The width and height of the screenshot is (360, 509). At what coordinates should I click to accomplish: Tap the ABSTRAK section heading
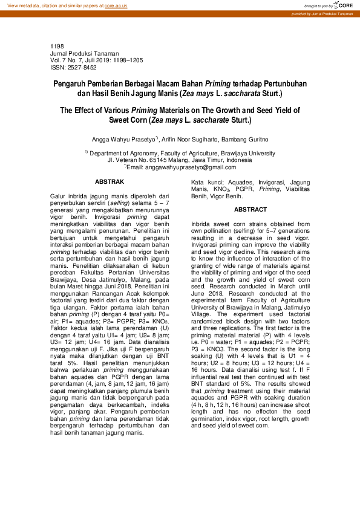(110, 181)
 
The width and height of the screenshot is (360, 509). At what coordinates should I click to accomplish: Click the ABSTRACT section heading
(250, 209)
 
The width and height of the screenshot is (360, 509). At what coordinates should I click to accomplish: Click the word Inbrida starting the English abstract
(202, 224)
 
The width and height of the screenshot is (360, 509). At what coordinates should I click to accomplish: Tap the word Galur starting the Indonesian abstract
(59, 196)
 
